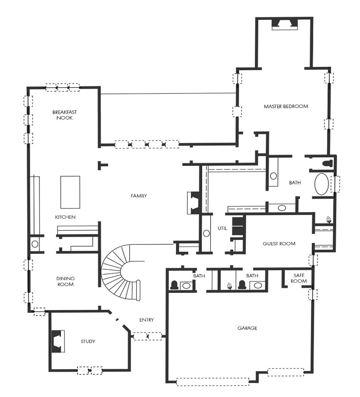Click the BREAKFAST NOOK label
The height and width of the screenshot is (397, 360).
64,115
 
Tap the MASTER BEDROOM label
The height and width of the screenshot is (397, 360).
286,106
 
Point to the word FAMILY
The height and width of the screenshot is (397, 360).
139,196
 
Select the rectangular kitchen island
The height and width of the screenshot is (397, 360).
70,192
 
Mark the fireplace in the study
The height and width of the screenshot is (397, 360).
58,341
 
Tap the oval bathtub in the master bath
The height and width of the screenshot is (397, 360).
321,184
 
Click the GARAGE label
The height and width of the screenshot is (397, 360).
247,328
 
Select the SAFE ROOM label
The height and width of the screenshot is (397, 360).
299,278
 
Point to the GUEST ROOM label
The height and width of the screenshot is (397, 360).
279,244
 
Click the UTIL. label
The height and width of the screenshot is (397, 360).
223,228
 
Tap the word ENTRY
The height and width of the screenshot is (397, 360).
146,320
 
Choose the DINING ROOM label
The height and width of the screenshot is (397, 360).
65,281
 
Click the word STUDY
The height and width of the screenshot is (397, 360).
88,341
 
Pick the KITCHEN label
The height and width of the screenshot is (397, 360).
65,217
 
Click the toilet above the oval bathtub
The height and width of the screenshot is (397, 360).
328,163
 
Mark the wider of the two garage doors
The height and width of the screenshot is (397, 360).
212,382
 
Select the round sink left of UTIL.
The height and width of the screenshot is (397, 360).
206,233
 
